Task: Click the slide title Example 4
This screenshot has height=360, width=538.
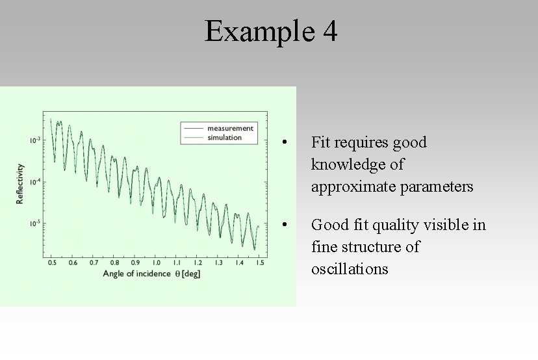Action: click(x=271, y=31)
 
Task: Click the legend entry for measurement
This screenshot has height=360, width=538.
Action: click(x=230, y=128)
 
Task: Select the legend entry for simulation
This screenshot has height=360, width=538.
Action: click(x=224, y=137)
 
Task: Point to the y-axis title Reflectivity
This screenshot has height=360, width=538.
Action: click(x=20, y=183)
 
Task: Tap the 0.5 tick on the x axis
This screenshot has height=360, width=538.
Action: click(x=52, y=263)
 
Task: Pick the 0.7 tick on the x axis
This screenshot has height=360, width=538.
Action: click(x=94, y=263)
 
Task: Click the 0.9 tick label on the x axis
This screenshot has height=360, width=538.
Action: click(x=135, y=263)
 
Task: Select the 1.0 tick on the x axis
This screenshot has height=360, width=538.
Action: click(x=156, y=263)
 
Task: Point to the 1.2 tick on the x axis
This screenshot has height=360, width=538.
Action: click(x=198, y=263)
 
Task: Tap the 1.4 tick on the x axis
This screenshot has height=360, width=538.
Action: click(x=239, y=263)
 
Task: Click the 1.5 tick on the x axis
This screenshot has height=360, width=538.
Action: click(x=260, y=263)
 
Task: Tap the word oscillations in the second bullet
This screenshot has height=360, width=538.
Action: click(x=350, y=269)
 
